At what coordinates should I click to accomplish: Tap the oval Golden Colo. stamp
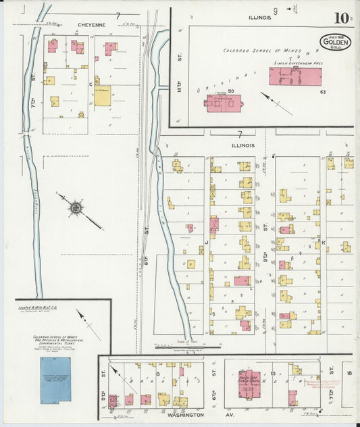point(336,43)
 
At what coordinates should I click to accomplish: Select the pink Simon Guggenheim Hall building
point(295,76)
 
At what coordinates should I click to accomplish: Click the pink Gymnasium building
point(224,103)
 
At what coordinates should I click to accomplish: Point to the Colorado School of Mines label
point(254,51)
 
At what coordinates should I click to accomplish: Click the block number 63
point(324,91)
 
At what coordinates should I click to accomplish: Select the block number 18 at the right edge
point(349,372)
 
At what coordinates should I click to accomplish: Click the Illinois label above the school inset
point(259,17)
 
